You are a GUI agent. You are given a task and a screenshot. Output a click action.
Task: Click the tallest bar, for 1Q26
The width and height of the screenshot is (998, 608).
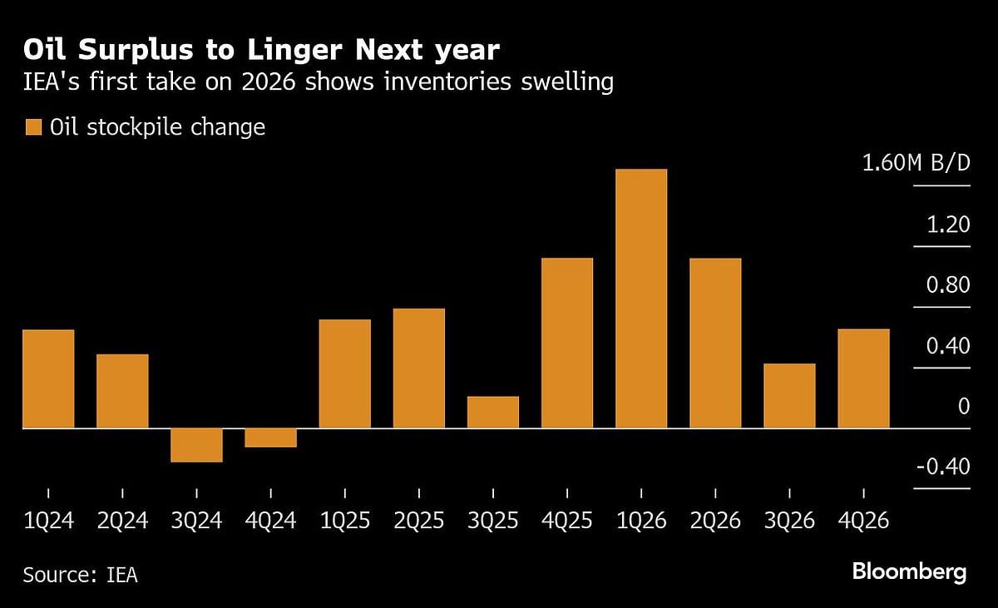pyautogui.click(x=641, y=299)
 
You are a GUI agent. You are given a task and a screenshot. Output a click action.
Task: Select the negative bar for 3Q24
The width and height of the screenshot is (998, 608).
pyautogui.click(x=196, y=445)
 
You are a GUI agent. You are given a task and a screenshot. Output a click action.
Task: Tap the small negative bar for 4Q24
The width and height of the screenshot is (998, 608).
pyautogui.click(x=270, y=437)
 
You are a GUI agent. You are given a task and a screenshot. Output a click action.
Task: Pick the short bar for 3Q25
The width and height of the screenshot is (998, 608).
pyautogui.click(x=493, y=413)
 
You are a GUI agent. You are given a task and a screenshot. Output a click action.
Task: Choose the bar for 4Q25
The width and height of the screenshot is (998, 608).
pyautogui.click(x=567, y=343)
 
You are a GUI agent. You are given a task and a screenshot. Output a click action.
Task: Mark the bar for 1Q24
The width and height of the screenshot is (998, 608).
pyautogui.click(x=48, y=379)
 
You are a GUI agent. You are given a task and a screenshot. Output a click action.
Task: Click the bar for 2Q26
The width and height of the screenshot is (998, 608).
pyautogui.click(x=715, y=343)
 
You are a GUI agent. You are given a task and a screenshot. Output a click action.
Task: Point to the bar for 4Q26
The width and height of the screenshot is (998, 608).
pyautogui.click(x=863, y=378)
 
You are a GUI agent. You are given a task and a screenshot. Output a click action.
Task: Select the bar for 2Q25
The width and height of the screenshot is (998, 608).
pyautogui.click(x=419, y=368)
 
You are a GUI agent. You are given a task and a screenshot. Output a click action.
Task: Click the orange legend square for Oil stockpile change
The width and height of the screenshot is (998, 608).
pyautogui.click(x=33, y=127)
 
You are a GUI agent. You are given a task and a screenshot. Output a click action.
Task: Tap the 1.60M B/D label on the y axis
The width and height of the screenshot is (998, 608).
pyautogui.click(x=916, y=163)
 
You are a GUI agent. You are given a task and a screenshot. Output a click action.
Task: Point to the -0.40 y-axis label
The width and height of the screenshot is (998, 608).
pyautogui.click(x=943, y=467)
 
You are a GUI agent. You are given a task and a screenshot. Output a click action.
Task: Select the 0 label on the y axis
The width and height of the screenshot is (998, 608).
pyautogui.click(x=963, y=407)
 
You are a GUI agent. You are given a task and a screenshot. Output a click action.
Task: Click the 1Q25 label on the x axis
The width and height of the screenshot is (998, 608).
pyautogui.click(x=344, y=521)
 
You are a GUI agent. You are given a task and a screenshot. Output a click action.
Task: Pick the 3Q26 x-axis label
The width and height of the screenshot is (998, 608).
pyautogui.click(x=789, y=521)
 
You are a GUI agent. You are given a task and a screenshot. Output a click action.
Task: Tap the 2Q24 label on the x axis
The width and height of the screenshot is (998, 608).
pyautogui.click(x=122, y=521)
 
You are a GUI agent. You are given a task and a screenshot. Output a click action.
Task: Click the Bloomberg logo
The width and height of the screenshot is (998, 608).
pyautogui.click(x=909, y=572)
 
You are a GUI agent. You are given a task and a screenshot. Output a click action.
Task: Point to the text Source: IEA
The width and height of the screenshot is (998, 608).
pyautogui.click(x=80, y=575)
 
